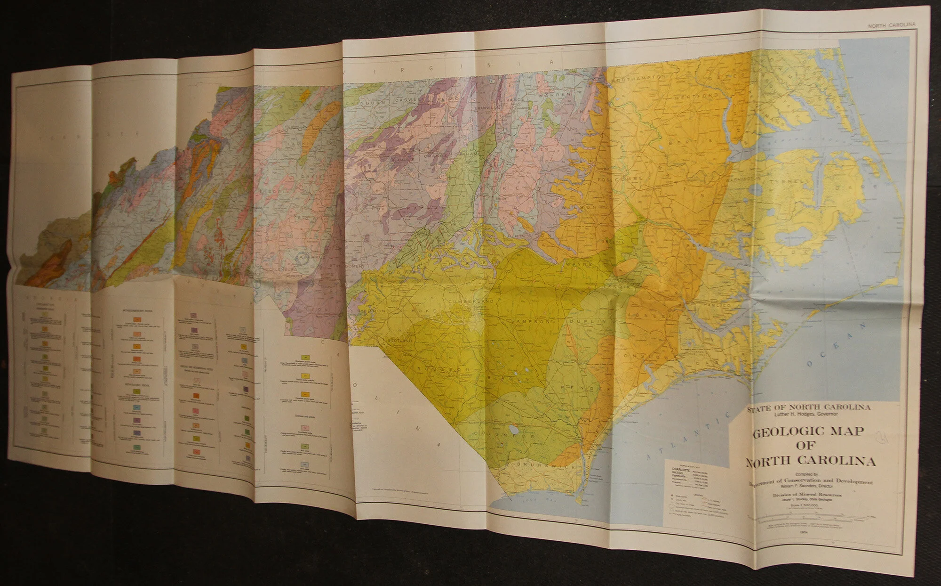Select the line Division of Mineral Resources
(807, 495)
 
